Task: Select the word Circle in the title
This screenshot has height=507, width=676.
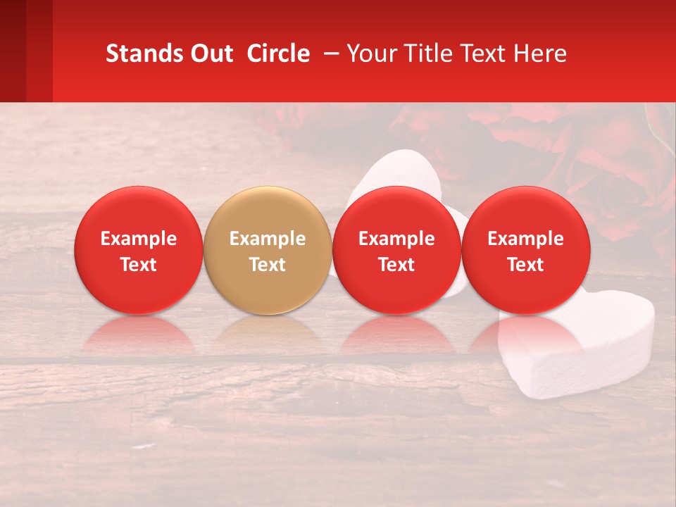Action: point(278,54)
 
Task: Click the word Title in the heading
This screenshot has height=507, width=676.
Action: point(429,54)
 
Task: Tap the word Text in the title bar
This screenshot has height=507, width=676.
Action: point(485,54)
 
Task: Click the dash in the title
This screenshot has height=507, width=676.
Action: point(328,54)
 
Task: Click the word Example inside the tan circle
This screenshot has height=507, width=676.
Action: point(268,239)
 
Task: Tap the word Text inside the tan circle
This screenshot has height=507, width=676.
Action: point(268,265)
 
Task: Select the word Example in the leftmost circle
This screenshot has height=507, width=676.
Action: point(139,239)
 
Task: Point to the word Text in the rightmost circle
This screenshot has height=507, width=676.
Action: point(525,265)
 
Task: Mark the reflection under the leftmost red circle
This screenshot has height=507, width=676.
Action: point(139,334)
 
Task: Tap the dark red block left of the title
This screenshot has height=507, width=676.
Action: point(26,51)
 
